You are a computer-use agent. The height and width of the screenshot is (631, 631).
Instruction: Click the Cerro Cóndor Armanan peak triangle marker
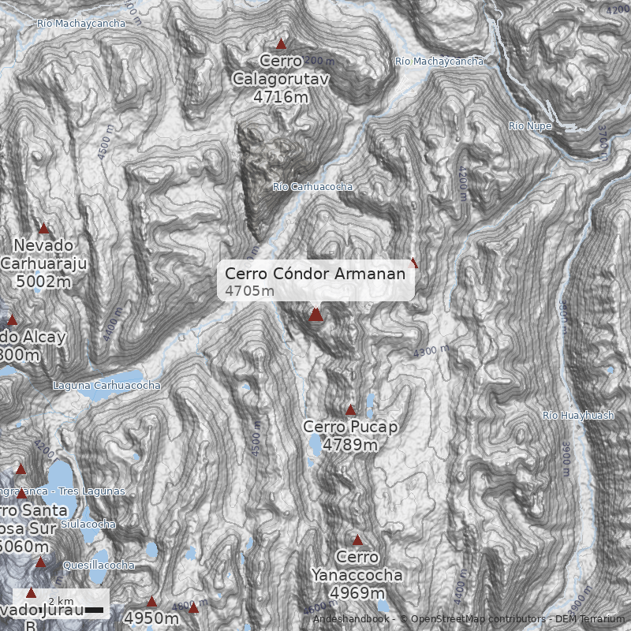(x=315, y=315)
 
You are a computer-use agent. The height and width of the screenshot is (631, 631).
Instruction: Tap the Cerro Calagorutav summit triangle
(x=281, y=44)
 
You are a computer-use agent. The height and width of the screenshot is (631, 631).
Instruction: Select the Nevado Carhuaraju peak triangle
(x=44, y=229)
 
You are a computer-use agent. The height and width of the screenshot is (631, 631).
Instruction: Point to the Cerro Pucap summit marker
(x=351, y=410)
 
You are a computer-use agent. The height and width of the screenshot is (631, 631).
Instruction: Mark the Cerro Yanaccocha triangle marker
(x=357, y=541)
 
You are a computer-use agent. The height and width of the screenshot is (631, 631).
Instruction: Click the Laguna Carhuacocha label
(x=106, y=386)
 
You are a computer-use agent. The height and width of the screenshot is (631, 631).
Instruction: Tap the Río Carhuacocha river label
(x=312, y=187)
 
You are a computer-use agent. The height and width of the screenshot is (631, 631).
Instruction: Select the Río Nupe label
(x=530, y=126)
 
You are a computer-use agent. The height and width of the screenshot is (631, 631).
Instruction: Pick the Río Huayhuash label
(x=578, y=416)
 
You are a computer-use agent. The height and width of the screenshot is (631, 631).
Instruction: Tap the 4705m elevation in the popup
(x=249, y=291)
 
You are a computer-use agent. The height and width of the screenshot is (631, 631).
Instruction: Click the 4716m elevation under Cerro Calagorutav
(x=281, y=97)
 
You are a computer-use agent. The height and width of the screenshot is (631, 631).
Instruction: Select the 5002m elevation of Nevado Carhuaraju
(x=43, y=281)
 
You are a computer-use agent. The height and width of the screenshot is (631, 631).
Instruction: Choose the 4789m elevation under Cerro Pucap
(x=350, y=445)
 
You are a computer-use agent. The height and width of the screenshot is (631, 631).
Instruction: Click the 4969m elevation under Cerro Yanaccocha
(x=357, y=592)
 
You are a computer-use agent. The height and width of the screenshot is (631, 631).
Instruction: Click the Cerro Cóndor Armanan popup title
(x=315, y=274)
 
